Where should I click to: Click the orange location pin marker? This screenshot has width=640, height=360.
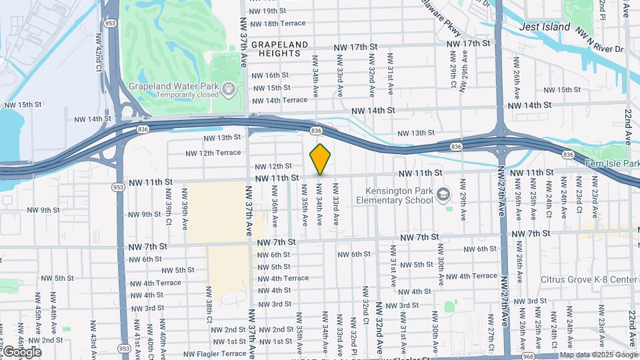(x=320, y=159)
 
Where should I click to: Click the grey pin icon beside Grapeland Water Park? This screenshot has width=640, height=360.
(x=229, y=87)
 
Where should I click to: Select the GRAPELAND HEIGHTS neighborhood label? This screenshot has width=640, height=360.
(x=280, y=49)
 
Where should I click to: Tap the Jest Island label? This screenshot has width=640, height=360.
(x=545, y=27)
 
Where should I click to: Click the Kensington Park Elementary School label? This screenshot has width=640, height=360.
(x=395, y=195)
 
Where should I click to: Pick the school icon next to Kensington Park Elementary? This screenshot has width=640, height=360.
(x=445, y=195)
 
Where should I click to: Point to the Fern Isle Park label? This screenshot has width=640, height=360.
(x=613, y=163)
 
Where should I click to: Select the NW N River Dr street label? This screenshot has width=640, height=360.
(x=599, y=39)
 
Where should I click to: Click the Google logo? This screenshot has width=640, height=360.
(x=21, y=351)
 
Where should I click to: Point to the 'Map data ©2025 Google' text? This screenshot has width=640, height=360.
(x=598, y=355)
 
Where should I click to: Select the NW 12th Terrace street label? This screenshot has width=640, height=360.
(x=213, y=153)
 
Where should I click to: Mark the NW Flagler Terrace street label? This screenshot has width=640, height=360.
(x=215, y=353)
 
